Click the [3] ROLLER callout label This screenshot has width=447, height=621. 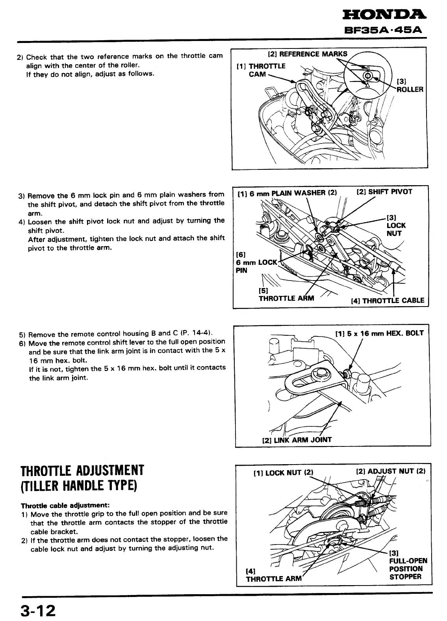pos(410,86)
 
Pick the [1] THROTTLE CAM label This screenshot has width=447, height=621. pos(261,70)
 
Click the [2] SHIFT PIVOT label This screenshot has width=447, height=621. pos(384,192)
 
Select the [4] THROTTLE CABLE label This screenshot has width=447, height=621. pos(388,301)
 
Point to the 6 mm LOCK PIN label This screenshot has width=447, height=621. pos(257,262)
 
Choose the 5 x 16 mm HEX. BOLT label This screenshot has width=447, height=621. pos(379,333)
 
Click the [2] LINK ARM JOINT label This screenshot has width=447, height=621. pos(297,440)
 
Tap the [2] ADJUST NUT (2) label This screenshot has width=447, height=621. pos(391,471)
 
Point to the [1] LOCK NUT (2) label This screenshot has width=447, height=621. pos(283,472)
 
